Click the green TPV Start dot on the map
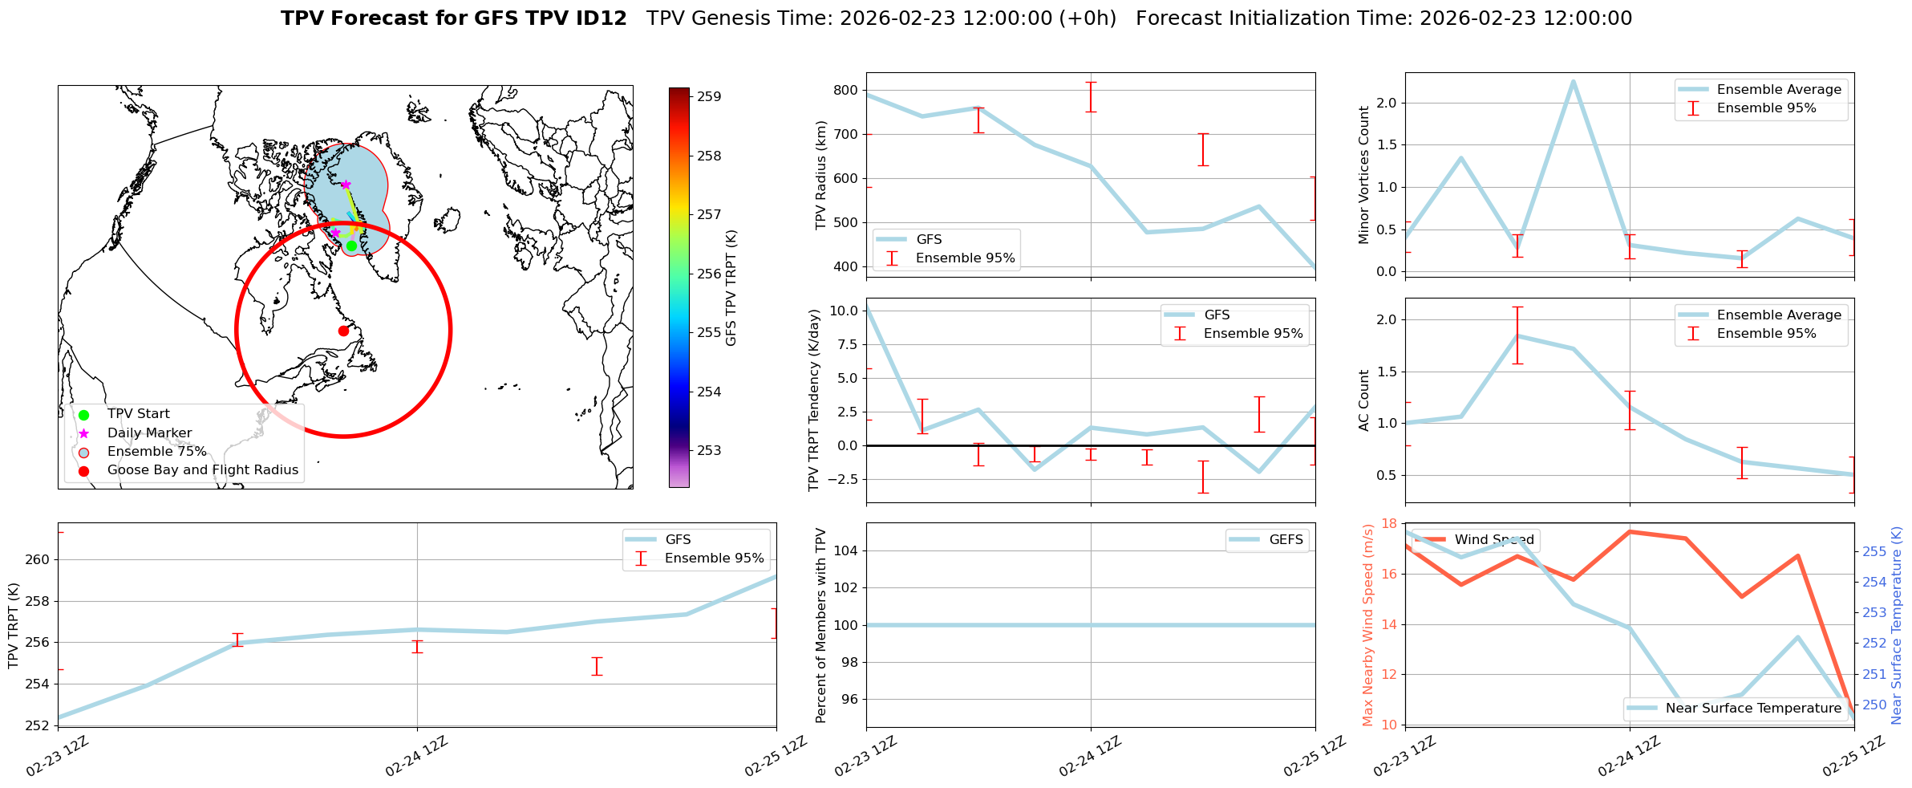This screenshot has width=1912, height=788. point(351,246)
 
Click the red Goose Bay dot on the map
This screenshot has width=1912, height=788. point(343,331)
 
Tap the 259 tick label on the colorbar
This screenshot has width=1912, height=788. point(709,97)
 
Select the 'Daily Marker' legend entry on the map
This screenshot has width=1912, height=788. point(149,433)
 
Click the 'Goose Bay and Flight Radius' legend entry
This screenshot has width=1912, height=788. point(202,470)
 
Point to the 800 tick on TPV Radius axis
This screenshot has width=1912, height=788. point(845,90)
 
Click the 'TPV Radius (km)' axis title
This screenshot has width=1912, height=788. point(820,175)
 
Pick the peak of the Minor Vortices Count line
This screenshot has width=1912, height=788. point(1573,81)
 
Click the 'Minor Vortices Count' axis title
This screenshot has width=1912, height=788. point(1364,175)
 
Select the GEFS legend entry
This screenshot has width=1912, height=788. point(1286,540)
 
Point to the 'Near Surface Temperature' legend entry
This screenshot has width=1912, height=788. point(1753,709)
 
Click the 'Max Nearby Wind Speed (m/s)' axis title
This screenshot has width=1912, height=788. point(1368,625)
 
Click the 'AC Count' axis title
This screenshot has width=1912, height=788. point(1364,400)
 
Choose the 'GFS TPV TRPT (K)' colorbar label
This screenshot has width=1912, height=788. point(731,288)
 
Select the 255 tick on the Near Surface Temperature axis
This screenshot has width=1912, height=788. point(1874,552)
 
